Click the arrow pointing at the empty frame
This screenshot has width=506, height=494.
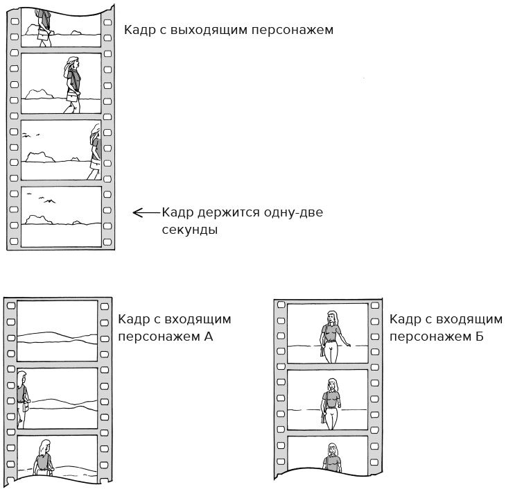click(x=146, y=212)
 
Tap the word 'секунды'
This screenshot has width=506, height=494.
click(x=190, y=230)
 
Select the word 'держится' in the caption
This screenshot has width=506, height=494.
click(x=229, y=212)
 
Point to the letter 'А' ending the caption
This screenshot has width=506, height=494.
click(x=209, y=337)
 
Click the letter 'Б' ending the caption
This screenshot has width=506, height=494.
click(x=479, y=337)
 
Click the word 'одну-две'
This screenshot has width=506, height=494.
click(x=293, y=212)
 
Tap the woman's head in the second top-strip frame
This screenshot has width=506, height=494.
click(x=73, y=63)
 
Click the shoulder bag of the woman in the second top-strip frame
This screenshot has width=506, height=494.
click(x=73, y=96)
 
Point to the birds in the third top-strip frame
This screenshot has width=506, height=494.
click(x=30, y=135)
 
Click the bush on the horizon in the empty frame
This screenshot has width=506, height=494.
click(x=39, y=220)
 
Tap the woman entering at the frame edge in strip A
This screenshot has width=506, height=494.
click(x=23, y=400)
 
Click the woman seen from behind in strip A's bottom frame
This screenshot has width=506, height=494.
click(x=44, y=458)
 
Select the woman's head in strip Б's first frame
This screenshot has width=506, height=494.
click(x=332, y=318)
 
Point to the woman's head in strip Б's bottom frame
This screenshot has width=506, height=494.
click(x=333, y=450)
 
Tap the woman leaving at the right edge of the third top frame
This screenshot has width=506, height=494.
click(x=95, y=152)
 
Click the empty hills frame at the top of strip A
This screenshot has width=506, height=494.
click(x=57, y=331)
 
